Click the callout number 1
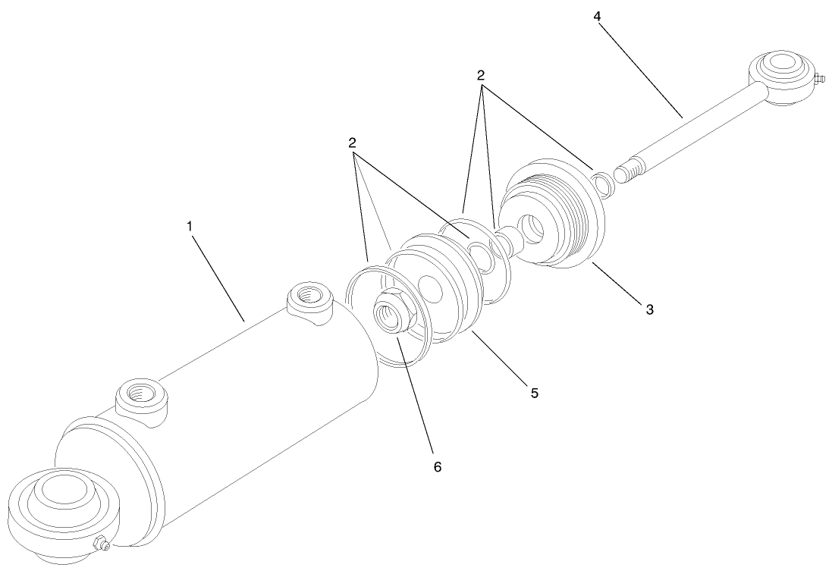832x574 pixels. coord(190,225)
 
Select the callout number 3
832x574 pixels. coord(649,309)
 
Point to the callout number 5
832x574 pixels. coord(534,393)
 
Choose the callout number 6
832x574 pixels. coord(437,466)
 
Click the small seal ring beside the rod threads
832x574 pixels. coord(602,183)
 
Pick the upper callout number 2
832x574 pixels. coord(480,75)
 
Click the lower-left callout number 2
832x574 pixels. coord(352,142)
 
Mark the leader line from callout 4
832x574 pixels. coord(641,67)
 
